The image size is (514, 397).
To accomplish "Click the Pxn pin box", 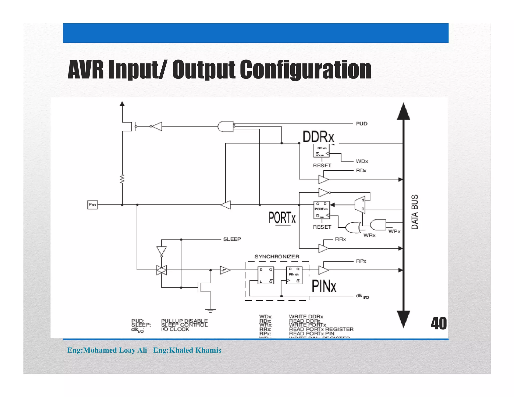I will pyautogui.click(x=92, y=205).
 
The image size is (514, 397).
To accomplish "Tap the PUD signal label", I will pyautogui.click(x=361, y=124).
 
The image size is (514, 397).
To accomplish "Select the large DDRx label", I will pyautogui.click(x=318, y=137).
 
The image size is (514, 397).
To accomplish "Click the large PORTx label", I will pyautogui.click(x=282, y=218).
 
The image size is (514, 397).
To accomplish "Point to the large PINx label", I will pyautogui.click(x=324, y=286).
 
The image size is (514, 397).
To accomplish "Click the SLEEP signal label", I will pyautogui.click(x=232, y=239).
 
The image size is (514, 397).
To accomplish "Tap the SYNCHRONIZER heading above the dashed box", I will pyautogui.click(x=277, y=257).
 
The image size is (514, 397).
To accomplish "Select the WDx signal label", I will pyautogui.click(x=362, y=161).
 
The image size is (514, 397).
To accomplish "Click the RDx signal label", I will pyautogui.click(x=361, y=171).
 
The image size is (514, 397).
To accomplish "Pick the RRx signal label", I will pyautogui.click(x=340, y=239).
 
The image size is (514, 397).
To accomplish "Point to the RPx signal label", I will pyautogui.click(x=361, y=261).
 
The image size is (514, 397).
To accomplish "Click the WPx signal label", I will pyautogui.click(x=394, y=231).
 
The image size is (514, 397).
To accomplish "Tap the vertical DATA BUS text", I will pyautogui.click(x=415, y=212).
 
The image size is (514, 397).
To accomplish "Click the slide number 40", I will pyautogui.click(x=439, y=323).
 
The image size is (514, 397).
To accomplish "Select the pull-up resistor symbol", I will pyautogui.click(x=122, y=179).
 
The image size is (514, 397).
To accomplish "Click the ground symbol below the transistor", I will pyautogui.click(x=210, y=311).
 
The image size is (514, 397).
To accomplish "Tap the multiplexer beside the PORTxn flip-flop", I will pyautogui.click(x=360, y=205).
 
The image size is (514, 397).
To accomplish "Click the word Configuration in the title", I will pyautogui.click(x=305, y=70).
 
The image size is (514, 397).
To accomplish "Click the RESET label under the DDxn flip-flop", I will pyautogui.click(x=322, y=166).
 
